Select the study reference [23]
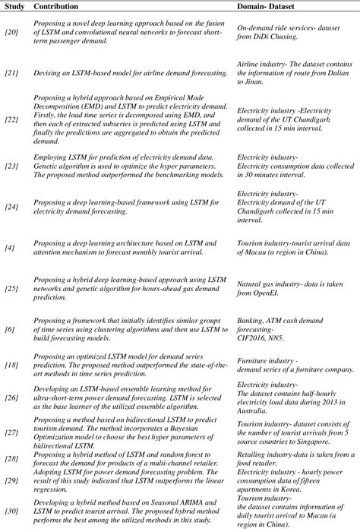[x=12, y=164]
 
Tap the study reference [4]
[x=11, y=245]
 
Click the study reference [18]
[x=12, y=367]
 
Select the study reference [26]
[x=12, y=398]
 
